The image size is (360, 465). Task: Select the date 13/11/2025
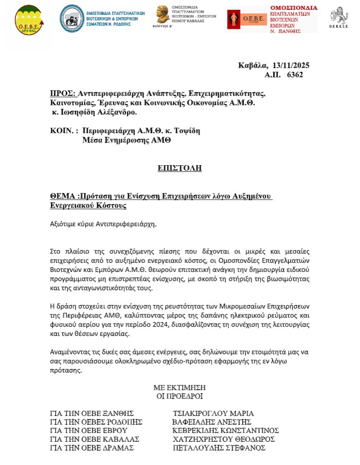[290, 65]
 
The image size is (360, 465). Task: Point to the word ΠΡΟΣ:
[62, 93]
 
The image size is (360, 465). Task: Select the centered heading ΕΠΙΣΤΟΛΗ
[179, 168]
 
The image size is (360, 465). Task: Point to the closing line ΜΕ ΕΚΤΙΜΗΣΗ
[179, 387]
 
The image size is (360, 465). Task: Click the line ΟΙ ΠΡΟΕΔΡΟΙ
[179, 396]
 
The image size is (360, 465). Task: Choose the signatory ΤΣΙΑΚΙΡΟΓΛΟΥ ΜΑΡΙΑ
[213, 413]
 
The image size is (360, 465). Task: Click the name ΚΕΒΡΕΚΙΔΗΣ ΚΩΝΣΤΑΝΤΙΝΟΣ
[226, 430]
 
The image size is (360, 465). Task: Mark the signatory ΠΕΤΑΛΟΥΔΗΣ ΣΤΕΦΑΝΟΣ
[219, 448]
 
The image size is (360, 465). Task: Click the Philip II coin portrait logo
[165, 14]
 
